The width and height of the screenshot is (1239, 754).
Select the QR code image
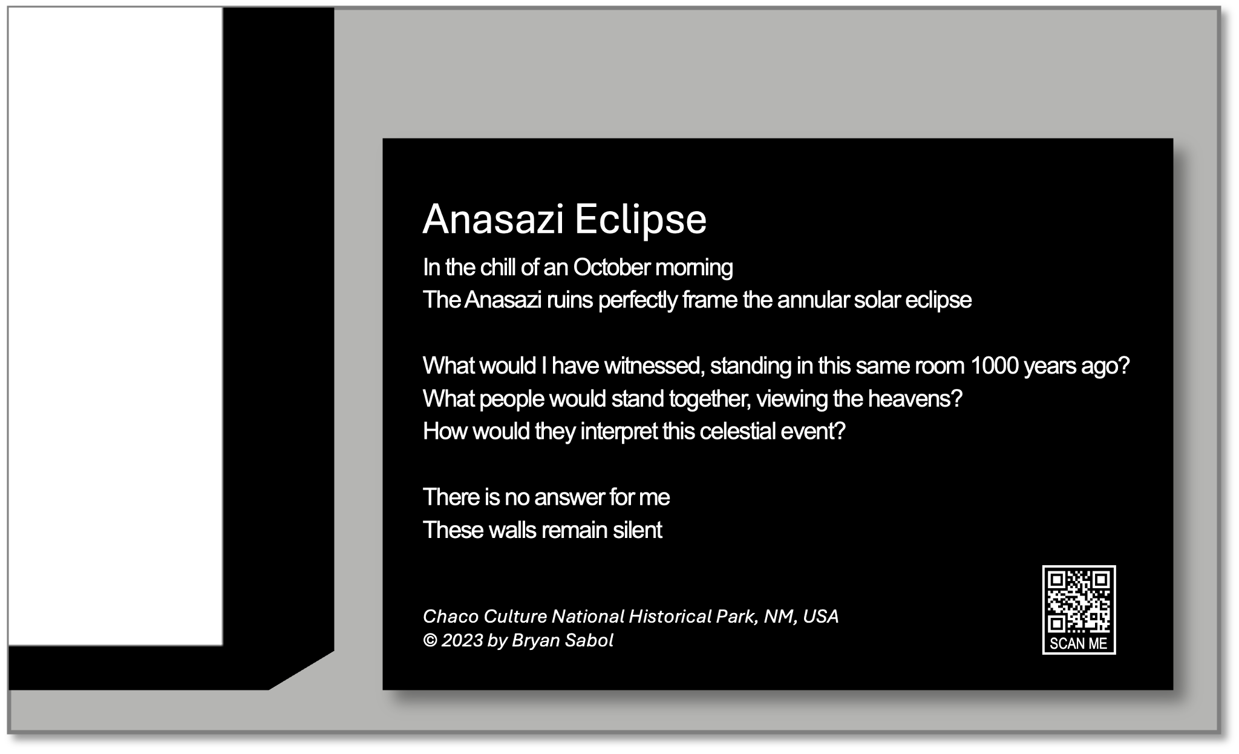point(1079,601)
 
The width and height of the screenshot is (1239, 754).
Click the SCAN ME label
point(1079,643)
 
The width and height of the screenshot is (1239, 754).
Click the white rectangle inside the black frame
point(116,326)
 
